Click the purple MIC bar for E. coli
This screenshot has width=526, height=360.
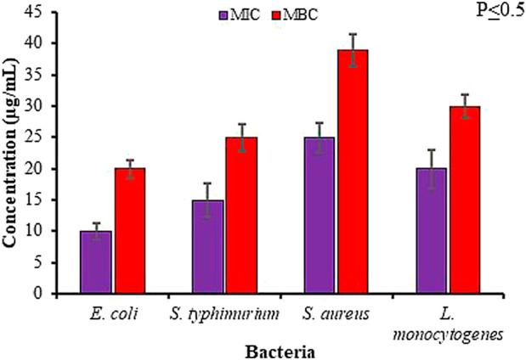coord(96,262)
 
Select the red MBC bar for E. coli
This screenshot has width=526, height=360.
coord(130,231)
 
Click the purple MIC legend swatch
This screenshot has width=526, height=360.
coord(223,15)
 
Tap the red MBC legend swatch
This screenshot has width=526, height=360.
coord(270,15)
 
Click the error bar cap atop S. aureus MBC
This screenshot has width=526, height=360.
coord(354,34)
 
